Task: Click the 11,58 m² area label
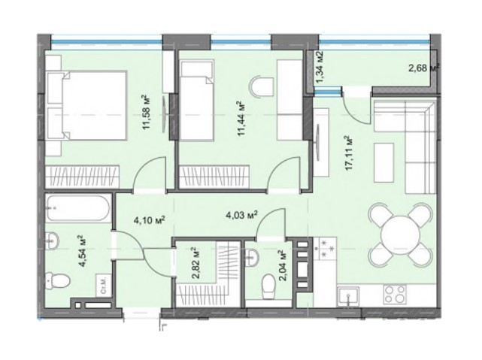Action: tap(147, 112)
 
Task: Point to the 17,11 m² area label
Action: tap(347, 153)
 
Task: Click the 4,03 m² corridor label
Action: tap(243, 215)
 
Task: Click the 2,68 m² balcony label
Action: tap(424, 68)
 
